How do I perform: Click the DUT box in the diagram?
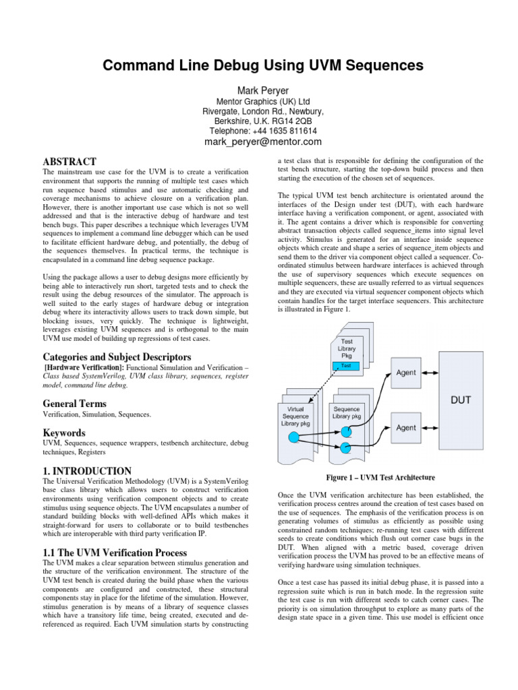click(x=460, y=399)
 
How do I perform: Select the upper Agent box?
click(x=406, y=373)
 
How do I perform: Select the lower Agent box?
click(x=406, y=427)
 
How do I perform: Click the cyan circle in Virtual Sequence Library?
click(x=293, y=438)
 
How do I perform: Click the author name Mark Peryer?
click(x=263, y=90)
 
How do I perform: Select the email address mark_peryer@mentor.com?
click(x=262, y=142)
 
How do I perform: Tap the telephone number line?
click(x=262, y=131)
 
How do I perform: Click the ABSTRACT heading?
click(x=69, y=162)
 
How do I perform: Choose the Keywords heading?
click(x=64, y=432)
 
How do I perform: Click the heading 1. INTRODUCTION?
click(x=87, y=470)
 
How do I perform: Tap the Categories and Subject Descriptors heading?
click(x=117, y=356)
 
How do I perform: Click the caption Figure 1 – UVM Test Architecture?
click(x=381, y=478)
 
